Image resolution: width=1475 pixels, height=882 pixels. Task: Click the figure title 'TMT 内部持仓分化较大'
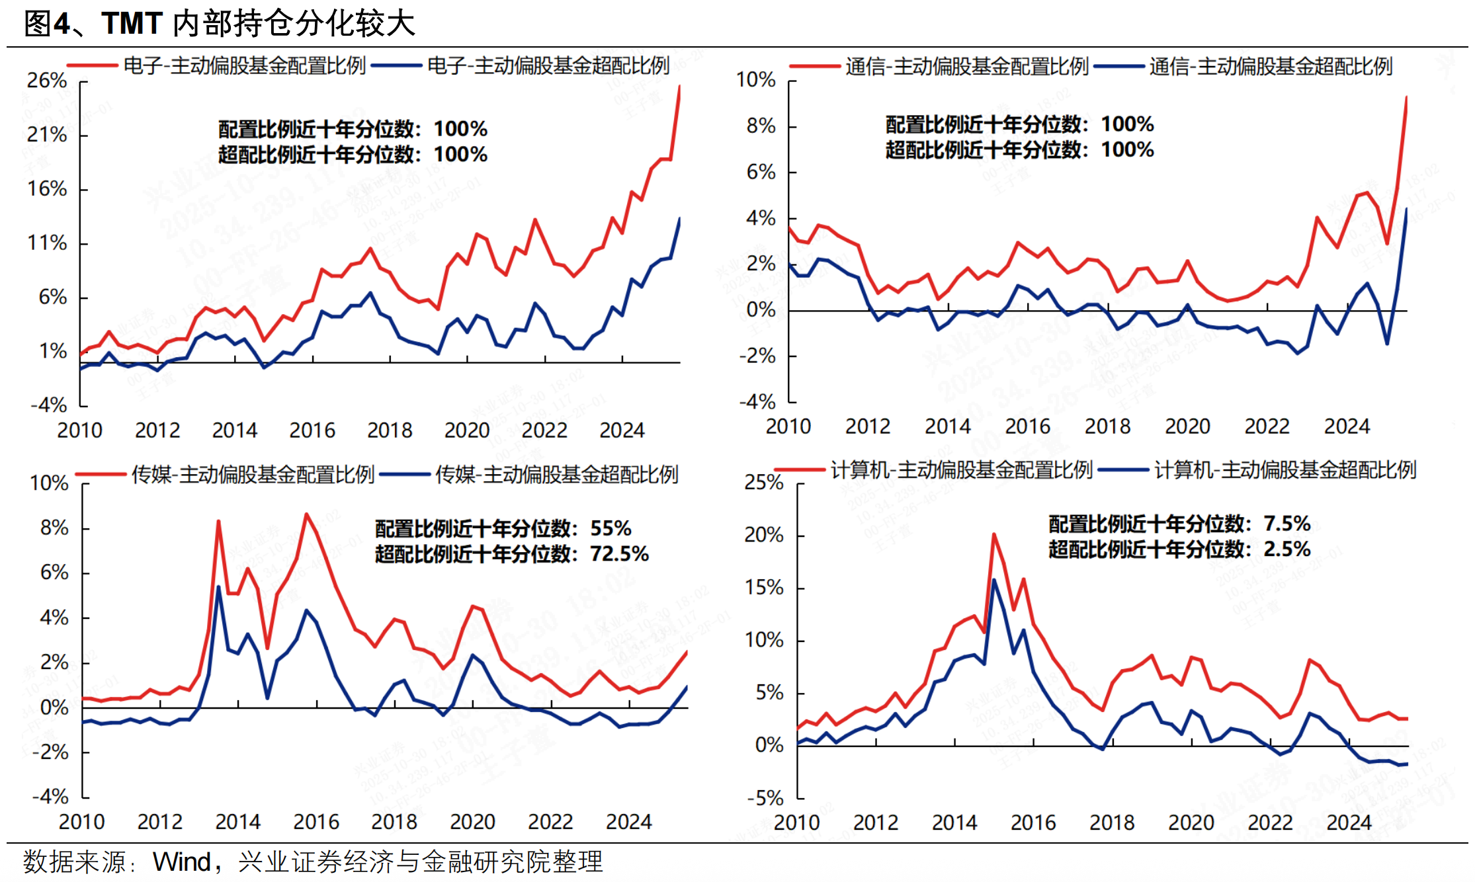pyautogui.click(x=258, y=24)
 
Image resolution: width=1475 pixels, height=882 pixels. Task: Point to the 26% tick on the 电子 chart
pyautogui.click(x=47, y=81)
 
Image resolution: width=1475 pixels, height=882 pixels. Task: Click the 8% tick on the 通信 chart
pyautogui.click(x=761, y=126)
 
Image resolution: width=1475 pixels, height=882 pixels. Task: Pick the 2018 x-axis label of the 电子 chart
pyautogui.click(x=390, y=430)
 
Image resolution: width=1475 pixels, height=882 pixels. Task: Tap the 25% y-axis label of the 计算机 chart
pyautogui.click(x=764, y=483)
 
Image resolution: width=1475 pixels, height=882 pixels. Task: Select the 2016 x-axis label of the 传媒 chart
pyautogui.click(x=316, y=822)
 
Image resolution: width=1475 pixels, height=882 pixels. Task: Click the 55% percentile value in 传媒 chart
pyautogui.click(x=611, y=528)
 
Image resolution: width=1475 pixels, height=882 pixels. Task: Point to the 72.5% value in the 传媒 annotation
pyautogui.click(x=619, y=553)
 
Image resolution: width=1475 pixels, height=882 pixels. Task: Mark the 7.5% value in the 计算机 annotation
pyautogui.click(x=1286, y=524)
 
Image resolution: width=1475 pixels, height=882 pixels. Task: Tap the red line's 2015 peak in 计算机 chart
pyautogui.click(x=993, y=534)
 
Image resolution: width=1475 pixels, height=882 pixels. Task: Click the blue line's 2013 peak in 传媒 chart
pyautogui.click(x=219, y=586)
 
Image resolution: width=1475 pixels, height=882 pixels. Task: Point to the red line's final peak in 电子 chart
pyautogui.click(x=679, y=86)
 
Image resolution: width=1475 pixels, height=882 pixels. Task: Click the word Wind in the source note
pyautogui.click(x=181, y=862)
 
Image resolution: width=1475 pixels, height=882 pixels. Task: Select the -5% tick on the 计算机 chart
pyautogui.click(x=765, y=798)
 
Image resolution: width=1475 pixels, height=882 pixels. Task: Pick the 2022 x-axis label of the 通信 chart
pyautogui.click(x=1267, y=426)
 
